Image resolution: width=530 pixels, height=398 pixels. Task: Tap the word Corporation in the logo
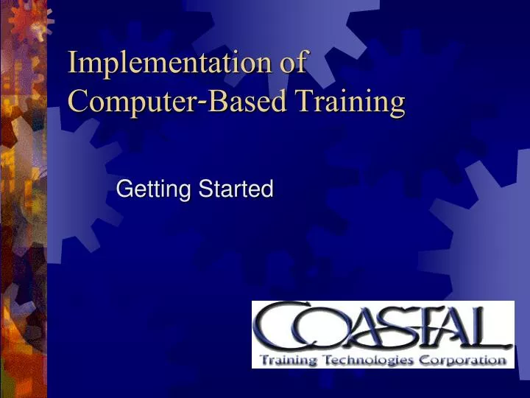click(462, 360)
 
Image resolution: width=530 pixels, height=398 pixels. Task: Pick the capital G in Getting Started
click(124, 189)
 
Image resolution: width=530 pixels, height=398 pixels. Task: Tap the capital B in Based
click(216, 101)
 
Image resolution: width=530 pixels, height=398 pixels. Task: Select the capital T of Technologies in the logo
click(324, 360)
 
